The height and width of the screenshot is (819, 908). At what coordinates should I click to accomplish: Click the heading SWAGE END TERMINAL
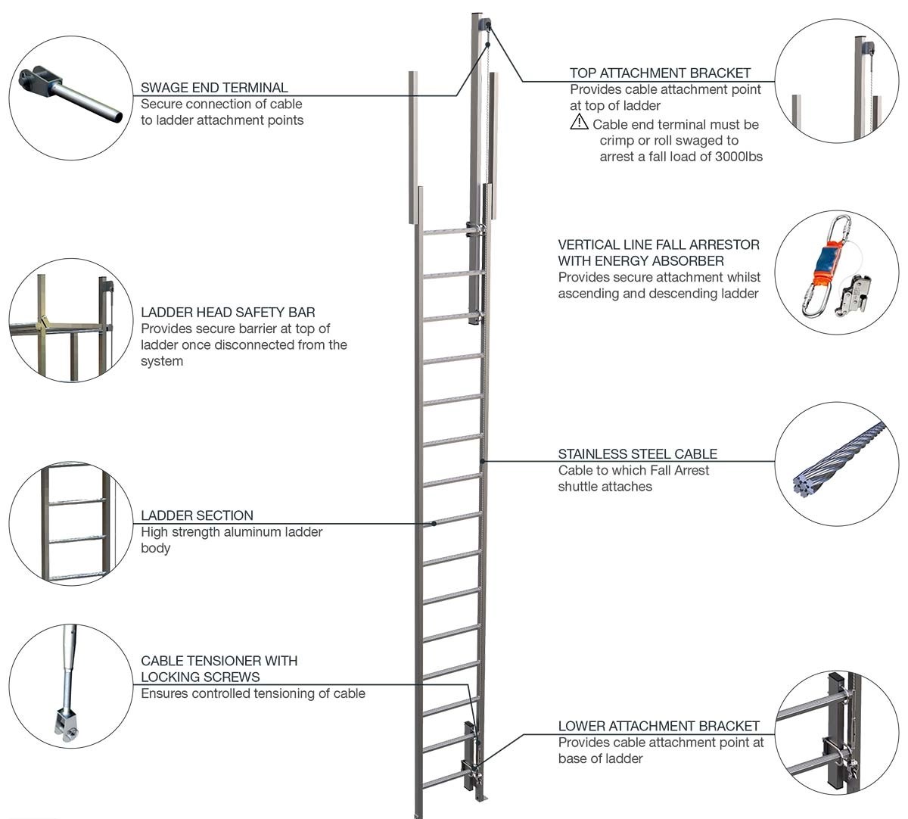point(214,88)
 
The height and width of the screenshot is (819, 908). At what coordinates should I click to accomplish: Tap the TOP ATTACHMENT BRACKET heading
point(660,73)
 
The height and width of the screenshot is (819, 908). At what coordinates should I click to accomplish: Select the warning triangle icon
point(579,122)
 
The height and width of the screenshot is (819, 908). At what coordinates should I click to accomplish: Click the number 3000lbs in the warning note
point(739,157)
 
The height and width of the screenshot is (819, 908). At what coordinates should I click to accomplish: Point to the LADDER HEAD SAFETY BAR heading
point(228,313)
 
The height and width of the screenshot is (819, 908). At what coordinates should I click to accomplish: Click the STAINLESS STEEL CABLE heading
point(637,454)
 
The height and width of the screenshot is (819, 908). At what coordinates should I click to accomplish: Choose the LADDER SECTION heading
point(197,515)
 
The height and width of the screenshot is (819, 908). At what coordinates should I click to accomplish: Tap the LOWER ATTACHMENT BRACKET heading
point(658,726)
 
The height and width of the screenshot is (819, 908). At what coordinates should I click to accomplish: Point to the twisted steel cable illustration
point(840,460)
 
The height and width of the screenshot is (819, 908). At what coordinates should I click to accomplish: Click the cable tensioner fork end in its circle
point(67,722)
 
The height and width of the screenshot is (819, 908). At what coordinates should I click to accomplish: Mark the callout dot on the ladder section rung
point(434,523)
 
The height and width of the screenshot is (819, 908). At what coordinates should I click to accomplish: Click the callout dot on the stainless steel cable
point(483,460)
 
